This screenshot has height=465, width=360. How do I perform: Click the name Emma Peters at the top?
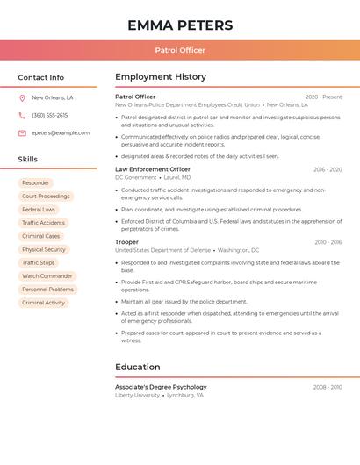pos(180,25)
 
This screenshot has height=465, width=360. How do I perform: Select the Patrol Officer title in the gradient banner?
pos(180,50)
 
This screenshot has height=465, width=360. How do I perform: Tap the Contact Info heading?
pos(41,77)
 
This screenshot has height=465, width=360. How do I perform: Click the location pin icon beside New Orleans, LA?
pos(22,98)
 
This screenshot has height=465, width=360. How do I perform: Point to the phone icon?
pos(22,116)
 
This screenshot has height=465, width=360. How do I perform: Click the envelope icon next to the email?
pos(22,133)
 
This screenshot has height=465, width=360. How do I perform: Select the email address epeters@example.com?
pos(61,133)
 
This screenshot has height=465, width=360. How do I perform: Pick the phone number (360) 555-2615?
pos(49,116)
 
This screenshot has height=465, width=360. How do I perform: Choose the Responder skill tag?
pos(36,183)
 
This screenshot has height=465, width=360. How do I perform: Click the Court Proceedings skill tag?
pos(46,197)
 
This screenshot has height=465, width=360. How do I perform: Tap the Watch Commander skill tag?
pos(47,276)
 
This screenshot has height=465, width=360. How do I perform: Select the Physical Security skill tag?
pos(44,250)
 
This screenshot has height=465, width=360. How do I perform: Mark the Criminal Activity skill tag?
pos(44,303)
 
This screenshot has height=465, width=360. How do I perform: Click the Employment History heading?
pos(161,77)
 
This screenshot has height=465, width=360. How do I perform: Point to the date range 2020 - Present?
pos(323,97)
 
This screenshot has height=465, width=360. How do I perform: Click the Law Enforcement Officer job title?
pos(153,169)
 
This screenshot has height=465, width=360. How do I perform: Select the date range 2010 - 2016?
pos(328,242)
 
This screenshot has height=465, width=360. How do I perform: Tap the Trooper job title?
pos(126,242)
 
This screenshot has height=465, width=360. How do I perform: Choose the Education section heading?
pos(138,367)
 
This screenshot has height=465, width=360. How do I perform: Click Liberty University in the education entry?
pos(137,396)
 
